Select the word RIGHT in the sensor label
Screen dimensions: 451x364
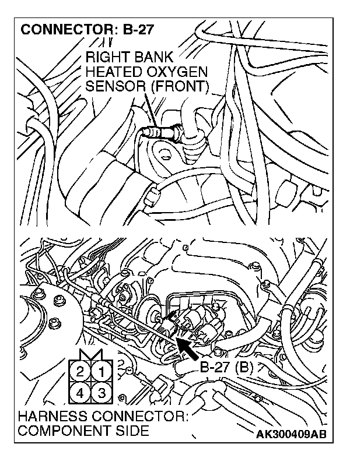coord(105,58)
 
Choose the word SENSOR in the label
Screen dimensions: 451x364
coord(111,87)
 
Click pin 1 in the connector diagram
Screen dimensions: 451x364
coord(101,371)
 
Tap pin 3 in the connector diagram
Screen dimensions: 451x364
coord(101,391)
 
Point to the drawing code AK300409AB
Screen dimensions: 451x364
coord(290,435)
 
